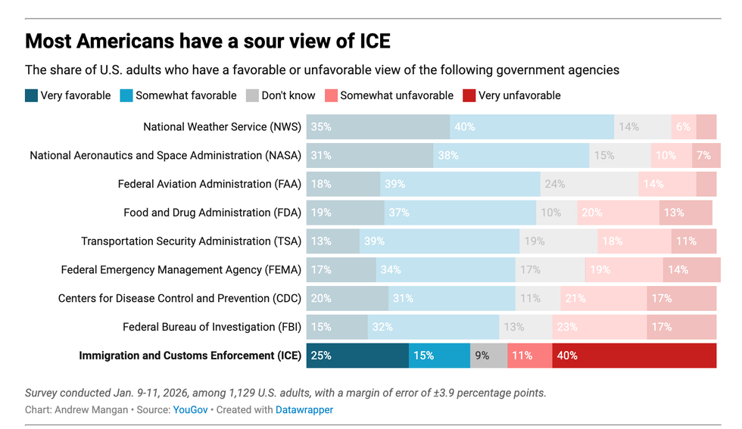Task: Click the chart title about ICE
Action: click(207, 40)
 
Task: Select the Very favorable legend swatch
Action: click(31, 95)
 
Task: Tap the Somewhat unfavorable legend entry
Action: click(388, 95)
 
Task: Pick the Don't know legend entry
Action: click(282, 95)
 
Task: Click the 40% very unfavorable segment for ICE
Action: click(634, 356)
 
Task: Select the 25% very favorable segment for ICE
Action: click(357, 356)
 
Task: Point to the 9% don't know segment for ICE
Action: click(488, 356)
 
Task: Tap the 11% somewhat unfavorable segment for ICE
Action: click(529, 356)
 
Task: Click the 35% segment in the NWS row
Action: click(378, 127)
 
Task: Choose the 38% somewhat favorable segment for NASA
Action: click(511, 155)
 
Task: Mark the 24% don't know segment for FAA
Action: click(589, 184)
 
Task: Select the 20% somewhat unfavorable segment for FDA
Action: click(618, 213)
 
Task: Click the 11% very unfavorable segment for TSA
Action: click(694, 241)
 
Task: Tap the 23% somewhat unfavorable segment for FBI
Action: click(599, 327)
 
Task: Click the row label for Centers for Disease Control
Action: click(179, 298)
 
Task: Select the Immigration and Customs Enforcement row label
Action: click(190, 356)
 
